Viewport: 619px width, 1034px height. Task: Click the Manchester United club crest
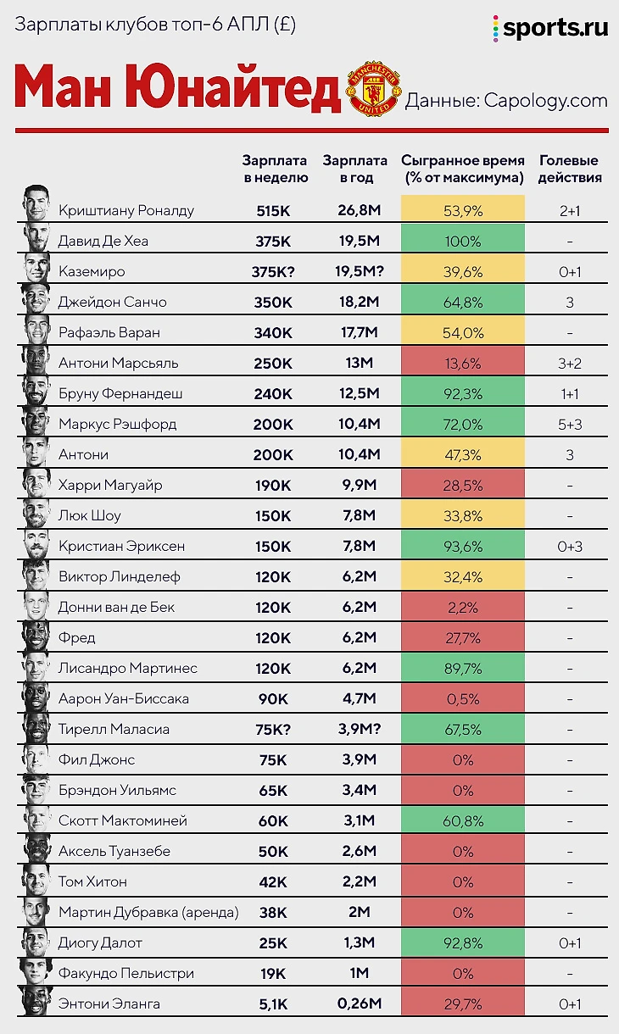pyautogui.click(x=374, y=87)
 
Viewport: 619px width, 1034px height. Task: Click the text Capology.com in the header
pyautogui.click(x=546, y=100)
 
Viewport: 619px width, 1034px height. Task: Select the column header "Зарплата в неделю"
pyautogui.click(x=276, y=169)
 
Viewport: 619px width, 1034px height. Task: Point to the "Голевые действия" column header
pyautogui.click(x=570, y=169)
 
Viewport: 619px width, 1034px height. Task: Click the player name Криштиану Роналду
pyautogui.click(x=126, y=210)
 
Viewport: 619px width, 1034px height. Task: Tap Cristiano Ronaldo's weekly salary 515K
pyautogui.click(x=274, y=210)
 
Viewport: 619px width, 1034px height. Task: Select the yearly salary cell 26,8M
pyautogui.click(x=355, y=210)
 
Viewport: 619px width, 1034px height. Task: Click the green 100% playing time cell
pyautogui.click(x=462, y=241)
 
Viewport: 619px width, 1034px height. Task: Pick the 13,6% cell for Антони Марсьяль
pyautogui.click(x=462, y=363)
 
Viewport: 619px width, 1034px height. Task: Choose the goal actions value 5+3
pyautogui.click(x=570, y=424)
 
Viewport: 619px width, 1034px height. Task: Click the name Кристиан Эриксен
pyautogui.click(x=121, y=546)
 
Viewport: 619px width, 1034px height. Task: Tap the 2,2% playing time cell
pyautogui.click(x=462, y=607)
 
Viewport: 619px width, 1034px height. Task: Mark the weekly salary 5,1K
pyautogui.click(x=274, y=1003)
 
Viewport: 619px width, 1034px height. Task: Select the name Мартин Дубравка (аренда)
pyautogui.click(x=148, y=912)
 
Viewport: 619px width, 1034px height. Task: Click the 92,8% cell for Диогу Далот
pyautogui.click(x=462, y=942)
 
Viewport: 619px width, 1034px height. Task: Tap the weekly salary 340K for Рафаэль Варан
pyautogui.click(x=274, y=332)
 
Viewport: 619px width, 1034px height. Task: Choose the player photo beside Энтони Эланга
pyautogui.click(x=36, y=1001)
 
